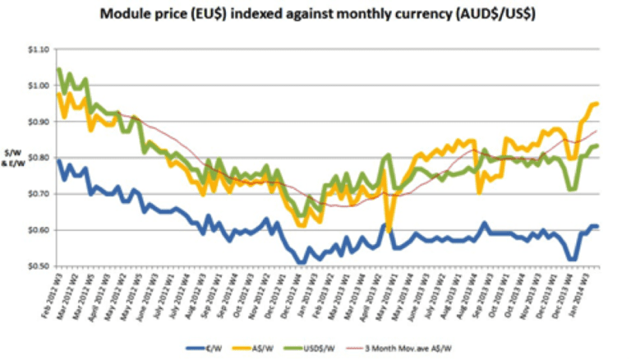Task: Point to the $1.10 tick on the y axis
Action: coord(38,49)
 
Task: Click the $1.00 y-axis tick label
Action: coord(38,85)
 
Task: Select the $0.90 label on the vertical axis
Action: coord(38,122)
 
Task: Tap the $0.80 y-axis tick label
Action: coord(38,158)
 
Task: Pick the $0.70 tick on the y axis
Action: coord(38,194)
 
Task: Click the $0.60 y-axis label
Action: coord(38,230)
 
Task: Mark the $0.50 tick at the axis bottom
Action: coord(38,266)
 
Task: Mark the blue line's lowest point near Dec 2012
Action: coord(302,263)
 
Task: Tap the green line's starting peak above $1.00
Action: coord(58,69)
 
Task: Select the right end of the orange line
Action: coord(597,104)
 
